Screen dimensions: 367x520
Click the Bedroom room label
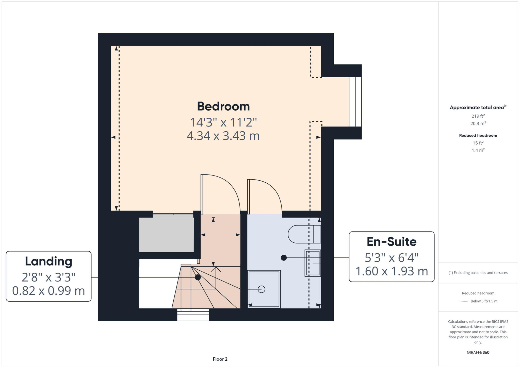click(x=223, y=106)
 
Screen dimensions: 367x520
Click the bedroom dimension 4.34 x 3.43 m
click(x=223, y=136)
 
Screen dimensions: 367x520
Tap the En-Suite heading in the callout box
click(x=391, y=242)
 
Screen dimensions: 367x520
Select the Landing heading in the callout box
click(x=48, y=261)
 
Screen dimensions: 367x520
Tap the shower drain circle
click(x=261, y=289)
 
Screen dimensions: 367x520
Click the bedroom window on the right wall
click(x=355, y=102)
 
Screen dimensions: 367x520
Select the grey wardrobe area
click(x=166, y=233)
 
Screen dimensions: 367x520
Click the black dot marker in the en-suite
click(x=284, y=258)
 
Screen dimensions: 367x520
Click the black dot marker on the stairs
click(x=198, y=277)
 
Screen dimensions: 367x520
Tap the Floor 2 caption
click(x=220, y=359)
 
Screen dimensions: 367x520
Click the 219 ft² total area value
click(x=478, y=116)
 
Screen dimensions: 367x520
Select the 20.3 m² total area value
click(x=478, y=124)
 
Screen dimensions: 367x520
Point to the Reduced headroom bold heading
click(x=478, y=135)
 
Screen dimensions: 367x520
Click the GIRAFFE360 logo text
click(x=478, y=352)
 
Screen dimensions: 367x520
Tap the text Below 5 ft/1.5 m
click(x=484, y=301)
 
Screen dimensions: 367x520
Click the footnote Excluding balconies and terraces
click(x=478, y=273)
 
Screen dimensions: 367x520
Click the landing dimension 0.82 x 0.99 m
click(x=48, y=291)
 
